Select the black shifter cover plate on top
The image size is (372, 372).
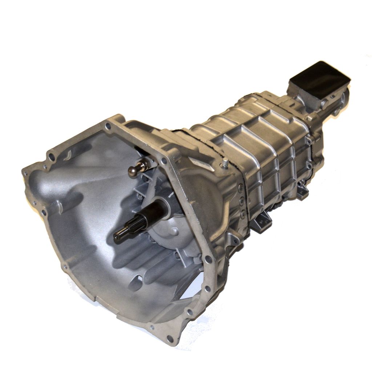coord(320,77)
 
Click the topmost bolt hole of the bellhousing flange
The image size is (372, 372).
coord(108,126)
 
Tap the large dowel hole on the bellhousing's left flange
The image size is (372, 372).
coord(52,157)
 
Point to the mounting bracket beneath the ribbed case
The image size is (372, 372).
coord(261,222)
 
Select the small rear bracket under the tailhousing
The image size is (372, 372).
coord(302,191)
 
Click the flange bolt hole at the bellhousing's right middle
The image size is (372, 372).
coord(208,259)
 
